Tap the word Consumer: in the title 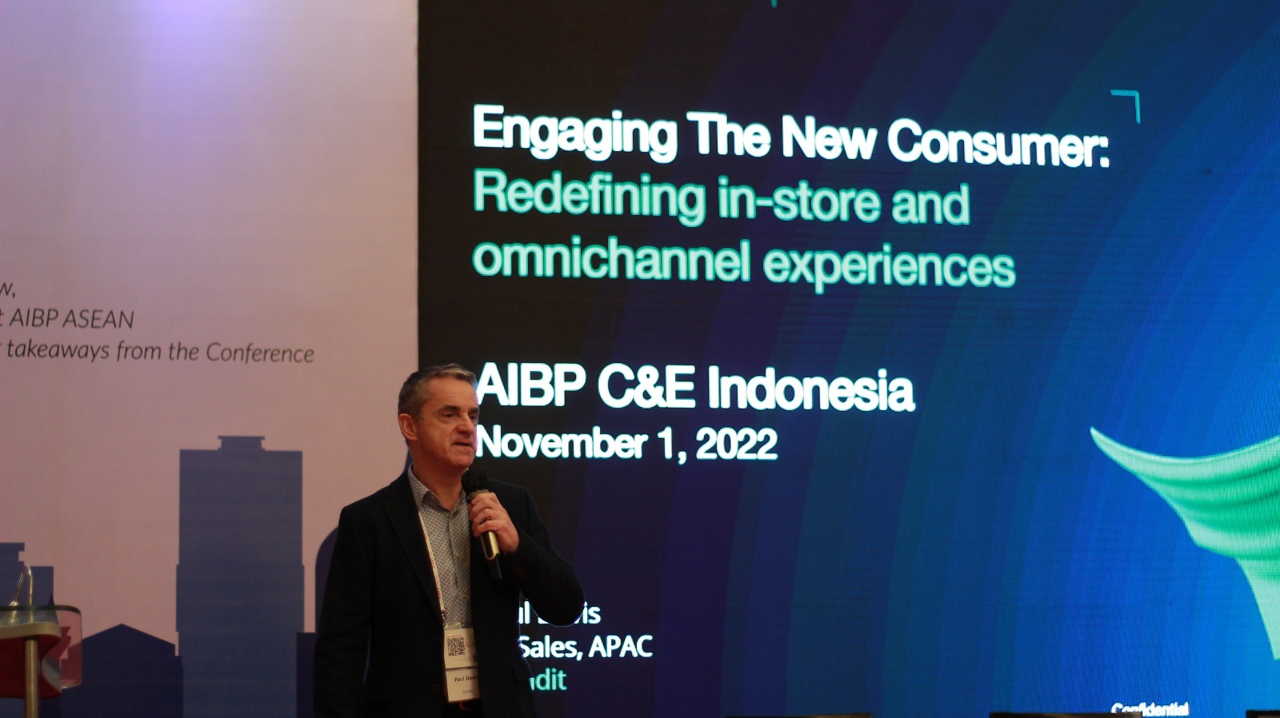998,144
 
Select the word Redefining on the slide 589,196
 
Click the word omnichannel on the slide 611,260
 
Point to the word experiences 889,265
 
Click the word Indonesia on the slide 810,391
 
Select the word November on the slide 561,442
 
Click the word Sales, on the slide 549,646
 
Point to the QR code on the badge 456,647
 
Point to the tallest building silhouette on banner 240,560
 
